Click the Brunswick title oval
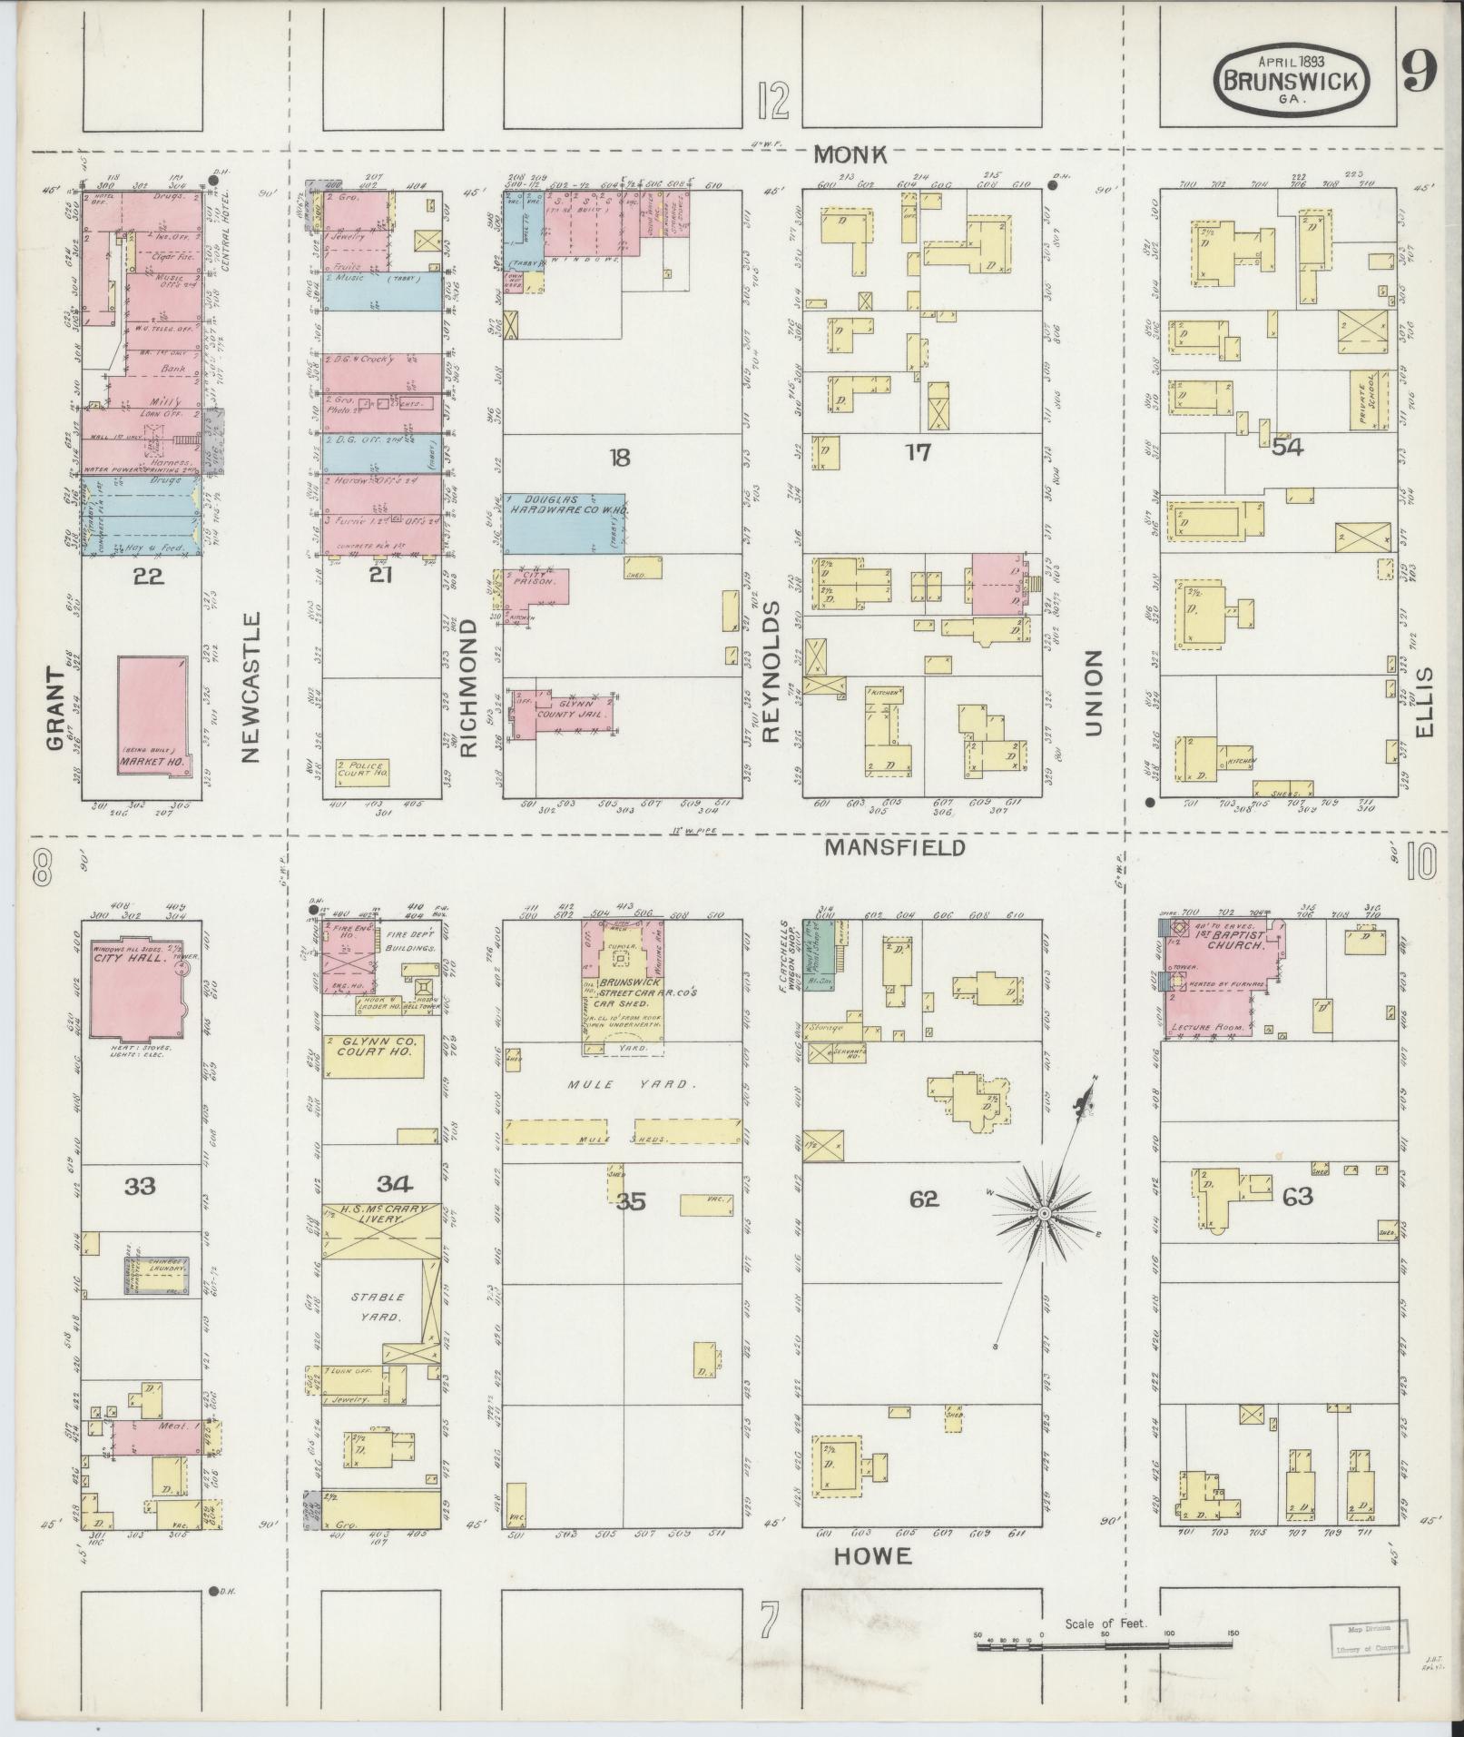pos(1292,80)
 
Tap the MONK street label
pos(850,155)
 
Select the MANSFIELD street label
pos(894,847)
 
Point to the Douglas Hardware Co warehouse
pos(563,523)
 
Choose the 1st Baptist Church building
pos(1221,977)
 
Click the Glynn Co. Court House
pos(373,1054)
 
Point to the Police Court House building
pos(362,772)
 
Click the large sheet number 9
pos(1417,73)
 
